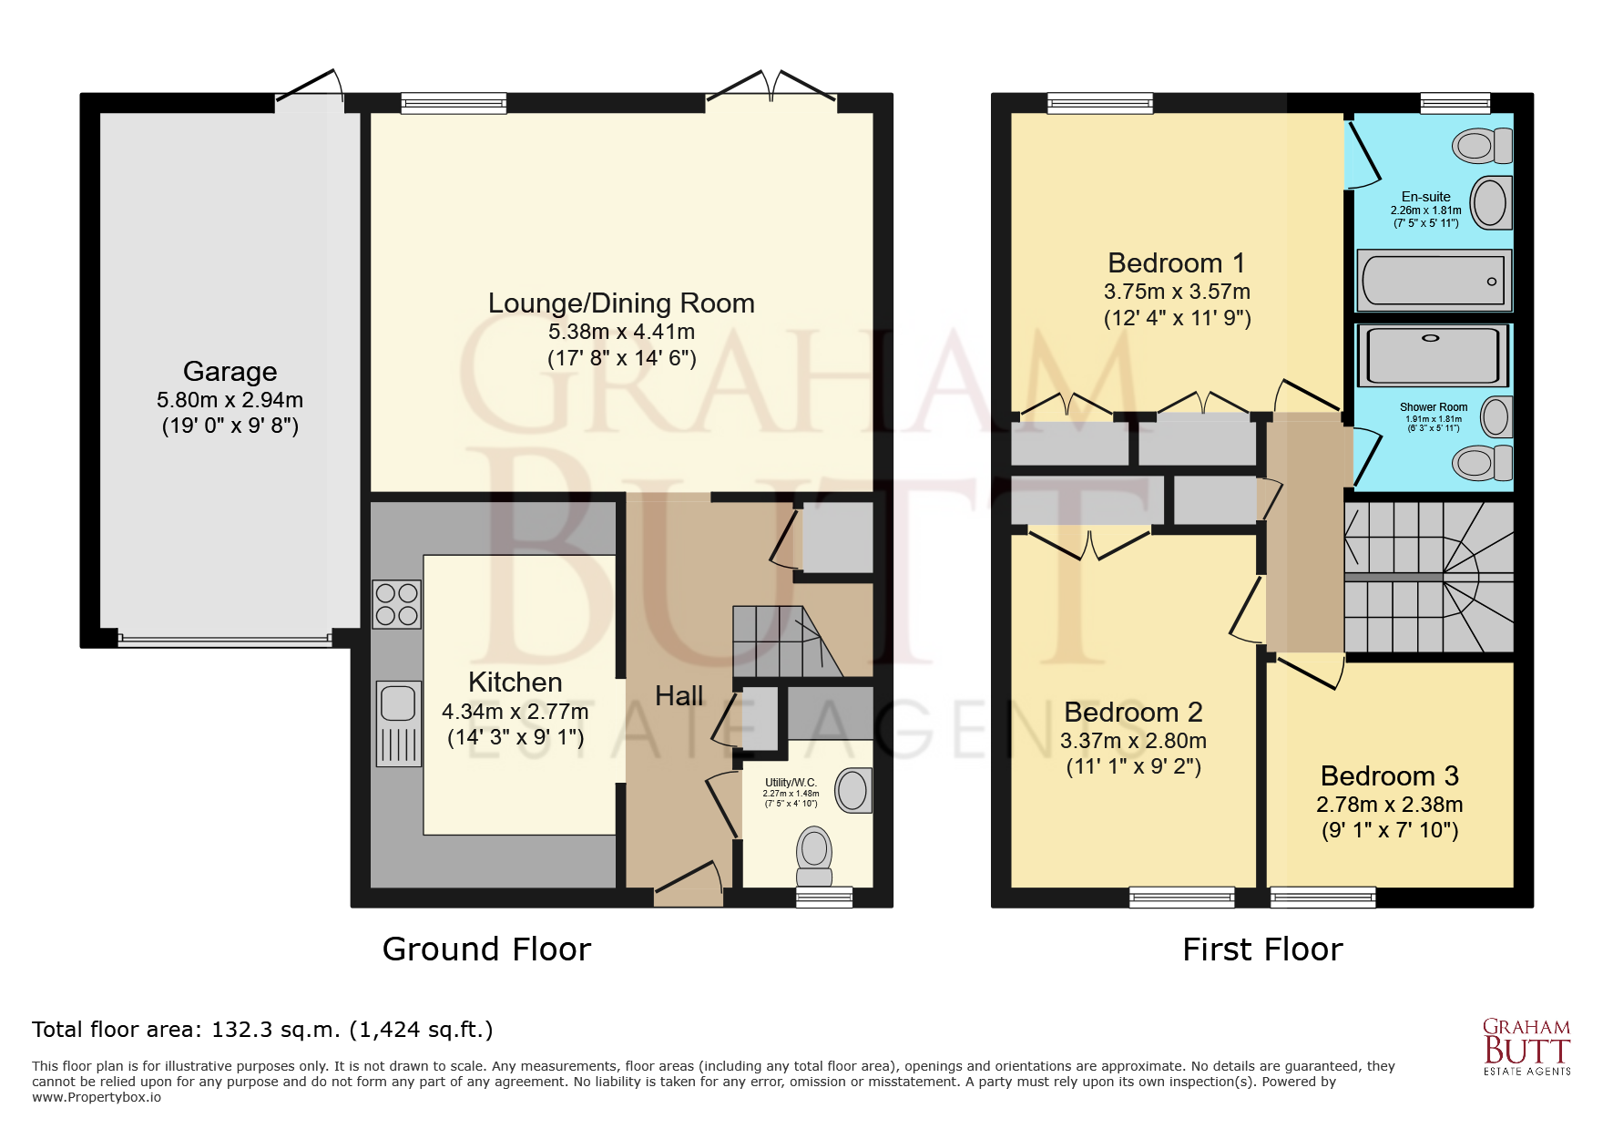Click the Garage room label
230,372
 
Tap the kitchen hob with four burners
397,604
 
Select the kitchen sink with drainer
398,724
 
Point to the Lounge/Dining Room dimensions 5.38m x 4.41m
621,332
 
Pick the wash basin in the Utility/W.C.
853,790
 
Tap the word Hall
679,696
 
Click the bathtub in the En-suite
1434,281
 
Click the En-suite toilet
1482,146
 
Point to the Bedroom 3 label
1389,776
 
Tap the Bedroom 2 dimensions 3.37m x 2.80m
1133,741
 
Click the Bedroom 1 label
1177,263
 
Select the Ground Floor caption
486,949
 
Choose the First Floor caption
1262,949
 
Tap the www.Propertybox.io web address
97,1097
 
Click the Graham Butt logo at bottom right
1526,1047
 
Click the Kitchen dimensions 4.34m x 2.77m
516,712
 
